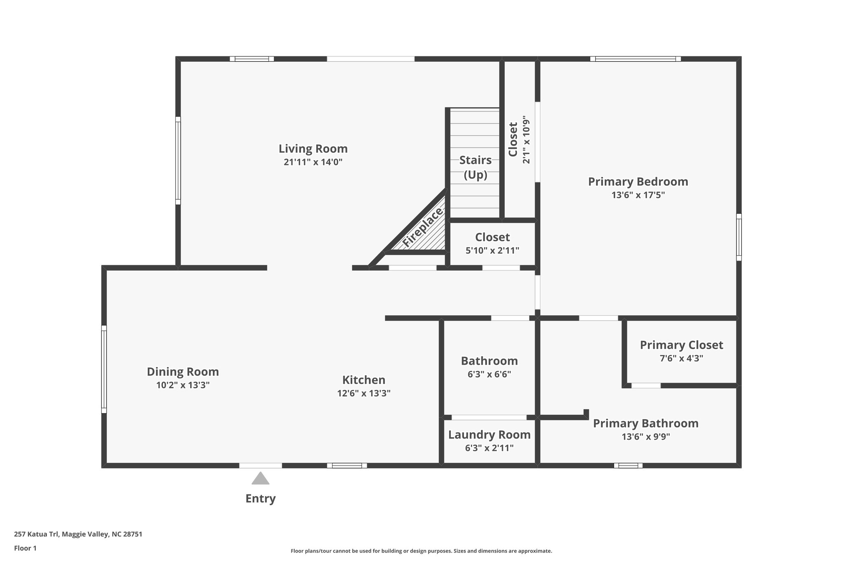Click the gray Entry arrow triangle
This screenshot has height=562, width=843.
pos(261,479)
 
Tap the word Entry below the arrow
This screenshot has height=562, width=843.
pos(261,499)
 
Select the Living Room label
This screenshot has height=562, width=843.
pos(313,149)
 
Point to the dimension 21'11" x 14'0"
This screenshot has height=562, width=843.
pos(313,162)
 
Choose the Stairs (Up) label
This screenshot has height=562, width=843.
pos(475,167)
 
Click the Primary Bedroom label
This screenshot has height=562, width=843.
pos(638,182)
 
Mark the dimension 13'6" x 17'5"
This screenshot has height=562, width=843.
pos(638,195)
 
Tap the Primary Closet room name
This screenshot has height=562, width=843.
pos(681,345)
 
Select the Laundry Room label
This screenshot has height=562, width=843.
pos(489,435)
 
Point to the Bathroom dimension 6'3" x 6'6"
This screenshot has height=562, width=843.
pos(489,375)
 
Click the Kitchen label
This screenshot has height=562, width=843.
pos(364,380)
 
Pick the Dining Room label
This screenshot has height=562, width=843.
pos(183,372)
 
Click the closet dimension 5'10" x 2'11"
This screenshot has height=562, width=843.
pos(492,250)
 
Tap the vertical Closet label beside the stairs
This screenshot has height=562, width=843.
pos(513,139)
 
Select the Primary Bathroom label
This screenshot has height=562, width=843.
pos(645,423)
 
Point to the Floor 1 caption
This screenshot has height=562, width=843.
pos(25,548)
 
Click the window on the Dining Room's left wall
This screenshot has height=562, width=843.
pos(104,369)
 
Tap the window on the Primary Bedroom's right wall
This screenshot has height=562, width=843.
pos(739,237)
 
